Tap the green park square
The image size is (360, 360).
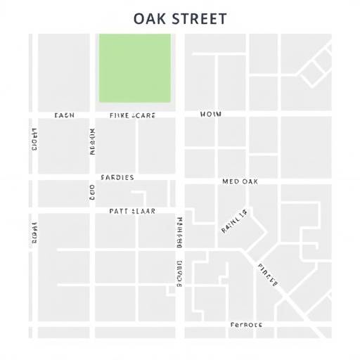(x=135, y=67)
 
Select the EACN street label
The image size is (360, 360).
(x=64, y=114)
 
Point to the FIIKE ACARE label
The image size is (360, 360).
(x=133, y=114)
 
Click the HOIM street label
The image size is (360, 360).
(x=211, y=114)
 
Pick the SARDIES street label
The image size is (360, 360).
(x=117, y=178)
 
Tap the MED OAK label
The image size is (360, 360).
(x=240, y=181)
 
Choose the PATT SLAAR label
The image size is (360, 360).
(x=133, y=210)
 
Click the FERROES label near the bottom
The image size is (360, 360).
(x=246, y=325)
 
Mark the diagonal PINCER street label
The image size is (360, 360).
(x=269, y=276)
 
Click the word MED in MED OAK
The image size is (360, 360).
(x=231, y=181)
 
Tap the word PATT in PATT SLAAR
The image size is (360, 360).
(x=120, y=210)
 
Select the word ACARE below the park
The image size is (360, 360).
(x=143, y=114)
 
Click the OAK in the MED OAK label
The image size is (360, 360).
(x=250, y=181)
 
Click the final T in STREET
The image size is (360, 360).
(x=222, y=18)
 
